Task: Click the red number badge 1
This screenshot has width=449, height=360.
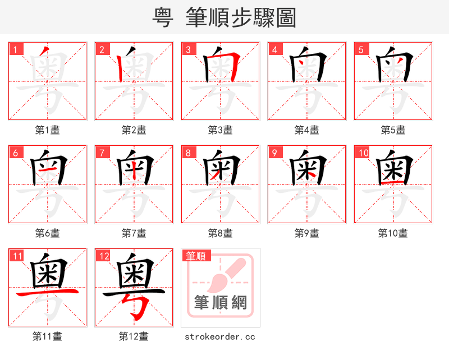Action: coord(15,49)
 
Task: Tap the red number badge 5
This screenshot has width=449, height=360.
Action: coord(361,49)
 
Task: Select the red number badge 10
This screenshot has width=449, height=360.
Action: coord(363,153)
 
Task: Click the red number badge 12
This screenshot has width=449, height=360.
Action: coord(103,256)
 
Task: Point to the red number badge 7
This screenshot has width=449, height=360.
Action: coord(102,153)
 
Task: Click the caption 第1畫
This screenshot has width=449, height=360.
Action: coord(48,130)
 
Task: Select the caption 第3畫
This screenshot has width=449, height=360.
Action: coord(221,130)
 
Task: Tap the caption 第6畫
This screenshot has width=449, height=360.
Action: coord(48,233)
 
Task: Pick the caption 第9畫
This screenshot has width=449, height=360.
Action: coord(307,233)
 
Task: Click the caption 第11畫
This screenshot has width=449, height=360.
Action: coord(48,336)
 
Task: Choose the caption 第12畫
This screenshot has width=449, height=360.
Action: coord(134,336)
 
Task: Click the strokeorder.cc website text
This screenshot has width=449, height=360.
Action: coord(221,336)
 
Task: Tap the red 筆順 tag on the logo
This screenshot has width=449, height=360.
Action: coord(196,256)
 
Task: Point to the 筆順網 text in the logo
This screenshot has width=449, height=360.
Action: coord(221,303)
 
